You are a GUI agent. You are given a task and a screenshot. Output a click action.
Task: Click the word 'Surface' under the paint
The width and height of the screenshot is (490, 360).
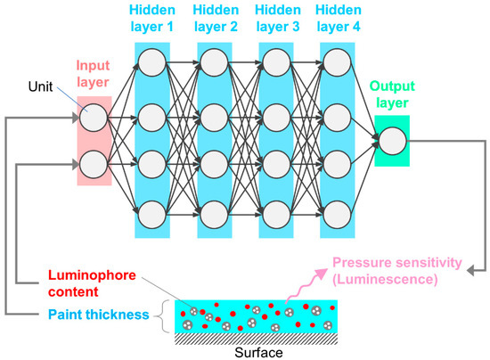click(257, 351)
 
